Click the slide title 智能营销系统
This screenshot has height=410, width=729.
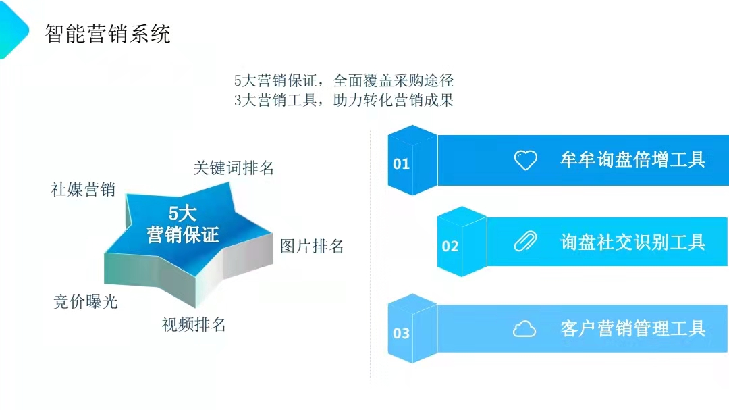(x=107, y=34)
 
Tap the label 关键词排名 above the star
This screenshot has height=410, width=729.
(x=234, y=168)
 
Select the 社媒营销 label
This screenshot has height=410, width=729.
(x=83, y=189)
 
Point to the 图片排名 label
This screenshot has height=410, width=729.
(x=311, y=246)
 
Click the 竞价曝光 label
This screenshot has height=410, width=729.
(x=86, y=301)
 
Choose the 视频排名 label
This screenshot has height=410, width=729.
(x=194, y=324)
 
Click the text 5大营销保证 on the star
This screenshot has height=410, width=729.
(x=183, y=224)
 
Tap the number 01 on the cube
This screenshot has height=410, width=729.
(x=401, y=164)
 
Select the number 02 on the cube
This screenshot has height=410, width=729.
(x=450, y=246)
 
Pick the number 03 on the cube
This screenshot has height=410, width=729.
(x=401, y=333)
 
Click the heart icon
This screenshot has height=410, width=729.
(x=525, y=161)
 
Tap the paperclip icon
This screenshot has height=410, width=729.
(x=525, y=242)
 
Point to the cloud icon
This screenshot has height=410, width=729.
(x=524, y=328)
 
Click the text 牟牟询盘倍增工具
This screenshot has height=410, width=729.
(x=632, y=159)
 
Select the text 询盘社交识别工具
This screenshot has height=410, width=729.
(x=632, y=242)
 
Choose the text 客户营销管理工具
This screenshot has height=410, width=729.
(x=632, y=328)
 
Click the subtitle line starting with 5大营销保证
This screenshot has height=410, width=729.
(x=344, y=80)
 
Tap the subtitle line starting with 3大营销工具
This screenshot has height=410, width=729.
(x=344, y=100)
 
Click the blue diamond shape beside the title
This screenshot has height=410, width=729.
(x=13, y=30)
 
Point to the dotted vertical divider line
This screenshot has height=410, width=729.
(x=371, y=256)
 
